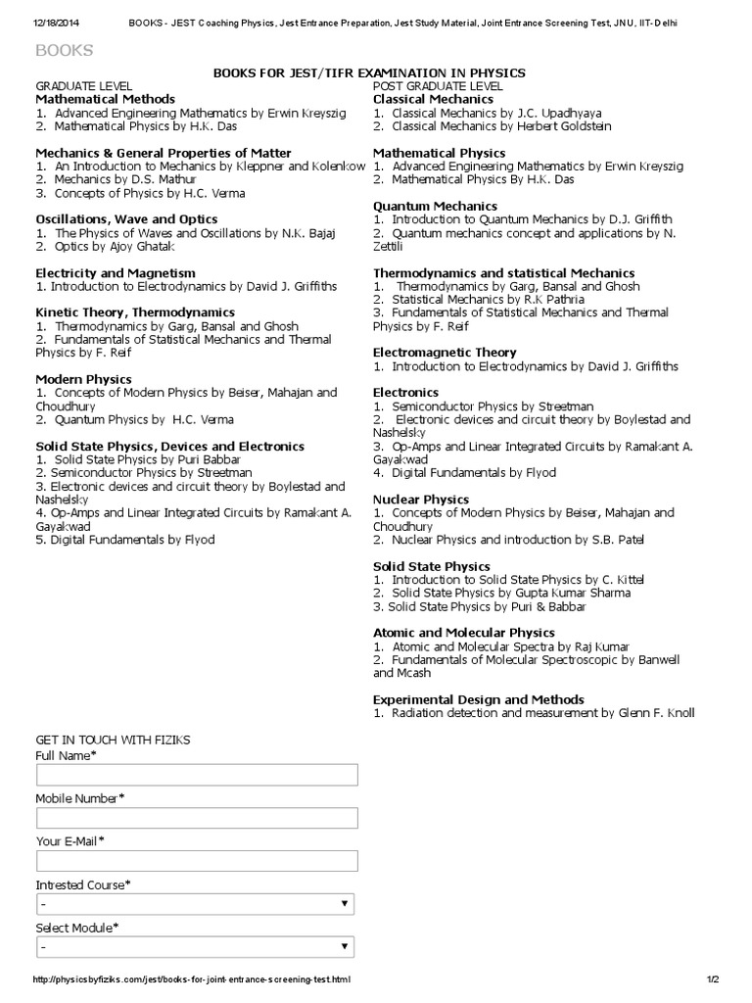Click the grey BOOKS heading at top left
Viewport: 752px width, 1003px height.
pyautogui.click(x=65, y=50)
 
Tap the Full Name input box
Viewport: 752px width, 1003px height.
pyautogui.click(x=197, y=776)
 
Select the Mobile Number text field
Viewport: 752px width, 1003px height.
pyautogui.click(x=197, y=819)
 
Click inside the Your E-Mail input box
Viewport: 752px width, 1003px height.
pyautogui.click(x=197, y=862)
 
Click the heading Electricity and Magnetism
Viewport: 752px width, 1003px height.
pyautogui.click(x=116, y=272)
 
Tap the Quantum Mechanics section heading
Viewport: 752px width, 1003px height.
pyautogui.click(x=435, y=206)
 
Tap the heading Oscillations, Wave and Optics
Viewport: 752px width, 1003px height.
pyautogui.click(x=126, y=218)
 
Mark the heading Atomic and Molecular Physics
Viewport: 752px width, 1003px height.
pyautogui.click(x=464, y=633)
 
